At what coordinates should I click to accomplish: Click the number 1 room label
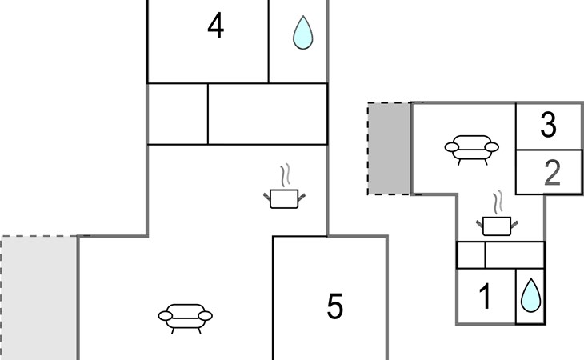pyautogui.click(x=485, y=297)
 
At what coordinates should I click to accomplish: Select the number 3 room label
pyautogui.click(x=548, y=126)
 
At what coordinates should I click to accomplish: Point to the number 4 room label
pyautogui.click(x=215, y=26)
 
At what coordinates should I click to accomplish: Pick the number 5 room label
pyautogui.click(x=335, y=306)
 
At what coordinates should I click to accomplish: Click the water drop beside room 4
pyautogui.click(x=302, y=34)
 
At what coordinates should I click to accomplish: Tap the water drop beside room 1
pyautogui.click(x=530, y=296)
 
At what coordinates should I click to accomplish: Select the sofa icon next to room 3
pyautogui.click(x=470, y=149)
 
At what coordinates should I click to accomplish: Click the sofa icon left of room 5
pyautogui.click(x=186, y=316)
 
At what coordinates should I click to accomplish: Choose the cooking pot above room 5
pyautogui.click(x=283, y=198)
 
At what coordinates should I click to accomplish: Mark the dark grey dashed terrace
pyautogui.click(x=389, y=149)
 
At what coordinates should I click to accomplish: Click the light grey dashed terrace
pyautogui.click(x=38, y=298)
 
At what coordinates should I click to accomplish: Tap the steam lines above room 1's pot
pyautogui.click(x=498, y=200)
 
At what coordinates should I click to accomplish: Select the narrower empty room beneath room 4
pyautogui.click(x=178, y=114)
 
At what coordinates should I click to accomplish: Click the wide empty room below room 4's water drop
pyautogui.click(x=267, y=114)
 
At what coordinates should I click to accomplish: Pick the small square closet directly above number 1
pyautogui.click(x=471, y=255)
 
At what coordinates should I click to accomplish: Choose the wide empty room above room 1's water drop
pyautogui.click(x=514, y=255)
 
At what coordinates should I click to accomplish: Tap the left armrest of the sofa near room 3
pyautogui.click(x=451, y=147)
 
